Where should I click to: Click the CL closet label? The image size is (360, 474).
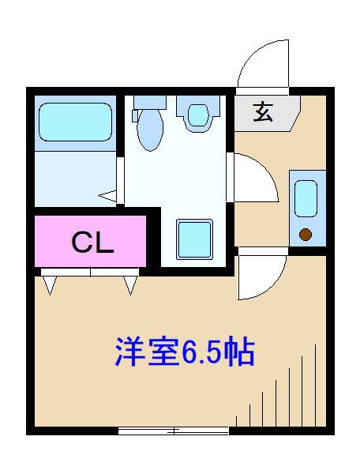(92, 243)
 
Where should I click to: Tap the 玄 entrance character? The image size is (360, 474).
(263, 112)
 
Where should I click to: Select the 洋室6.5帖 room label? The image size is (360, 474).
(185, 352)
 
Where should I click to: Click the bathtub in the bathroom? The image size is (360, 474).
(76, 122)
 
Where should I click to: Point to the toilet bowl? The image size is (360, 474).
(150, 130)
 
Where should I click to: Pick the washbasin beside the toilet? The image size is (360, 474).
(198, 114)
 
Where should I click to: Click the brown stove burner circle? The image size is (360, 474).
(306, 235)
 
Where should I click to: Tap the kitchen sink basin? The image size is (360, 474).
(306, 198)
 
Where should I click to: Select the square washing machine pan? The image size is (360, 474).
(194, 239)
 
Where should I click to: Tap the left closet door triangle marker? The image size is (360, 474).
(51, 285)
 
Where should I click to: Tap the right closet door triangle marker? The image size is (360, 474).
(130, 285)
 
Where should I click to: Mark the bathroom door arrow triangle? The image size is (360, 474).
(108, 196)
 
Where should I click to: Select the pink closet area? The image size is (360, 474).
(90, 241)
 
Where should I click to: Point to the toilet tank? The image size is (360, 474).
(150, 103)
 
